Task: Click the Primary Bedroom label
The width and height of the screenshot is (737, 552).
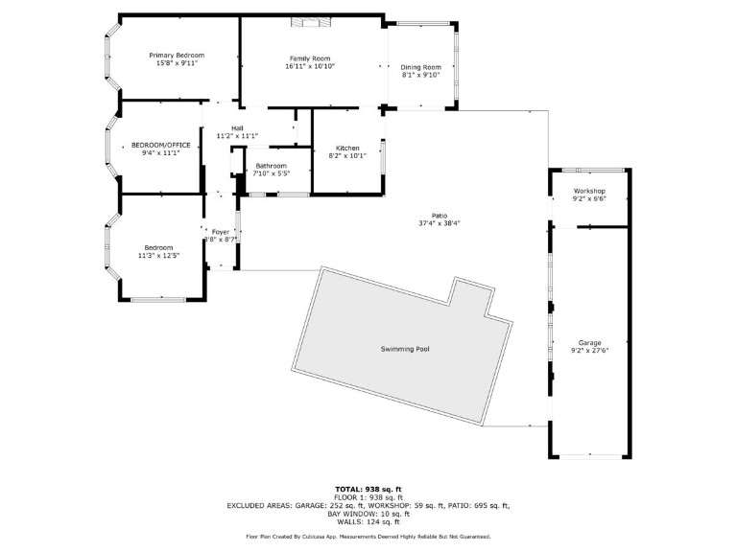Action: pos(177,56)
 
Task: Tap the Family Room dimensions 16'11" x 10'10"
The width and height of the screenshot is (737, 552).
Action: pos(310,66)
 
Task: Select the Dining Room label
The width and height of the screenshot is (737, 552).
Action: pos(420,66)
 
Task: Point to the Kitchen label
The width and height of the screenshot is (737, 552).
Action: pos(347,148)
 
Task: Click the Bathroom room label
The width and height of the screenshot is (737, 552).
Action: pos(271,166)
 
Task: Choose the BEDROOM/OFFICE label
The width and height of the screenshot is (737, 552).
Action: pos(161,145)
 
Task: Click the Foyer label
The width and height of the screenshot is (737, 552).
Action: pos(221,231)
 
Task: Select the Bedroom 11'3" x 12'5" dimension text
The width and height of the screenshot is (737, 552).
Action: pos(159,256)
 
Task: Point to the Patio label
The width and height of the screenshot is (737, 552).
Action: pos(440,216)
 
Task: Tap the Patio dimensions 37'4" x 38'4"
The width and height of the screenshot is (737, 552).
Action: pos(440,223)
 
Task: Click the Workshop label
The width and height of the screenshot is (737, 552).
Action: pos(589,192)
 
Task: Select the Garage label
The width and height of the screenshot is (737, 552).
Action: pos(589,342)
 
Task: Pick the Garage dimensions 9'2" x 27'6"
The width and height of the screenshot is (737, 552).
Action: pos(589,350)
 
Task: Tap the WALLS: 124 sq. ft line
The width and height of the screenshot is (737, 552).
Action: pos(368,522)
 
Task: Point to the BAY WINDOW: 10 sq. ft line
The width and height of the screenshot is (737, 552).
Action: pos(368,514)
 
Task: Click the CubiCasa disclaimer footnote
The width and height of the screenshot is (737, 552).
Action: pos(368,537)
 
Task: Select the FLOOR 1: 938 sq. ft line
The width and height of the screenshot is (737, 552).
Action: pos(368,497)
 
